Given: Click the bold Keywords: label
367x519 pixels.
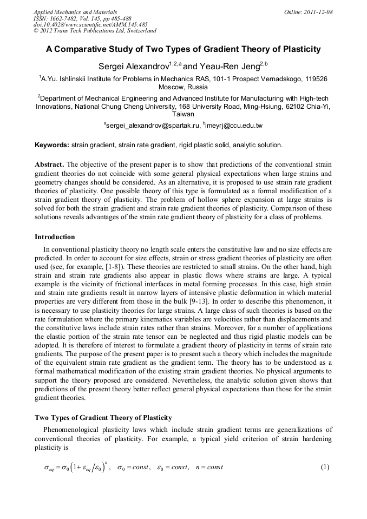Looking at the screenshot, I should point(52,145).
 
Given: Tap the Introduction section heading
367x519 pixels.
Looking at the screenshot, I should point(55,237).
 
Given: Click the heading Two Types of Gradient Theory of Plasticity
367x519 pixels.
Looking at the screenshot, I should point(103,418).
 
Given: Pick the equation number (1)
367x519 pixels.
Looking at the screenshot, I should point(325,467).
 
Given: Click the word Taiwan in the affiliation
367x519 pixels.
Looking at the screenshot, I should point(183,114).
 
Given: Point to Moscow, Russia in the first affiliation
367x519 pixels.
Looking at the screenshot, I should point(183,87).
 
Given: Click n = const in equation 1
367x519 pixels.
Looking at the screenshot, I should point(208,468).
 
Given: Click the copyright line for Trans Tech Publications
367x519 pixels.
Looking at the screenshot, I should point(95,30).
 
